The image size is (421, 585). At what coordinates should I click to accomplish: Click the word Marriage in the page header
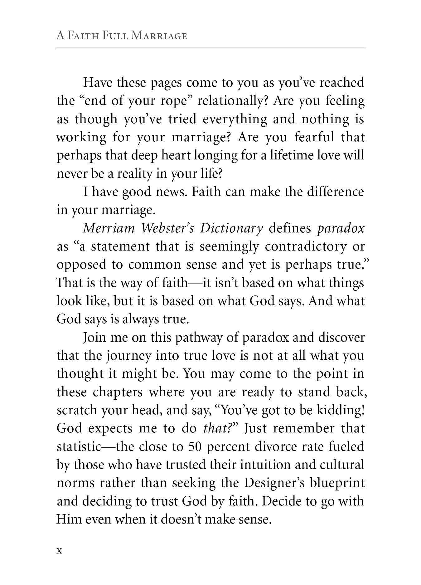click(x=159, y=36)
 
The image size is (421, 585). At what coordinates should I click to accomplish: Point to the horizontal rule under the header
click(x=210, y=48)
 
